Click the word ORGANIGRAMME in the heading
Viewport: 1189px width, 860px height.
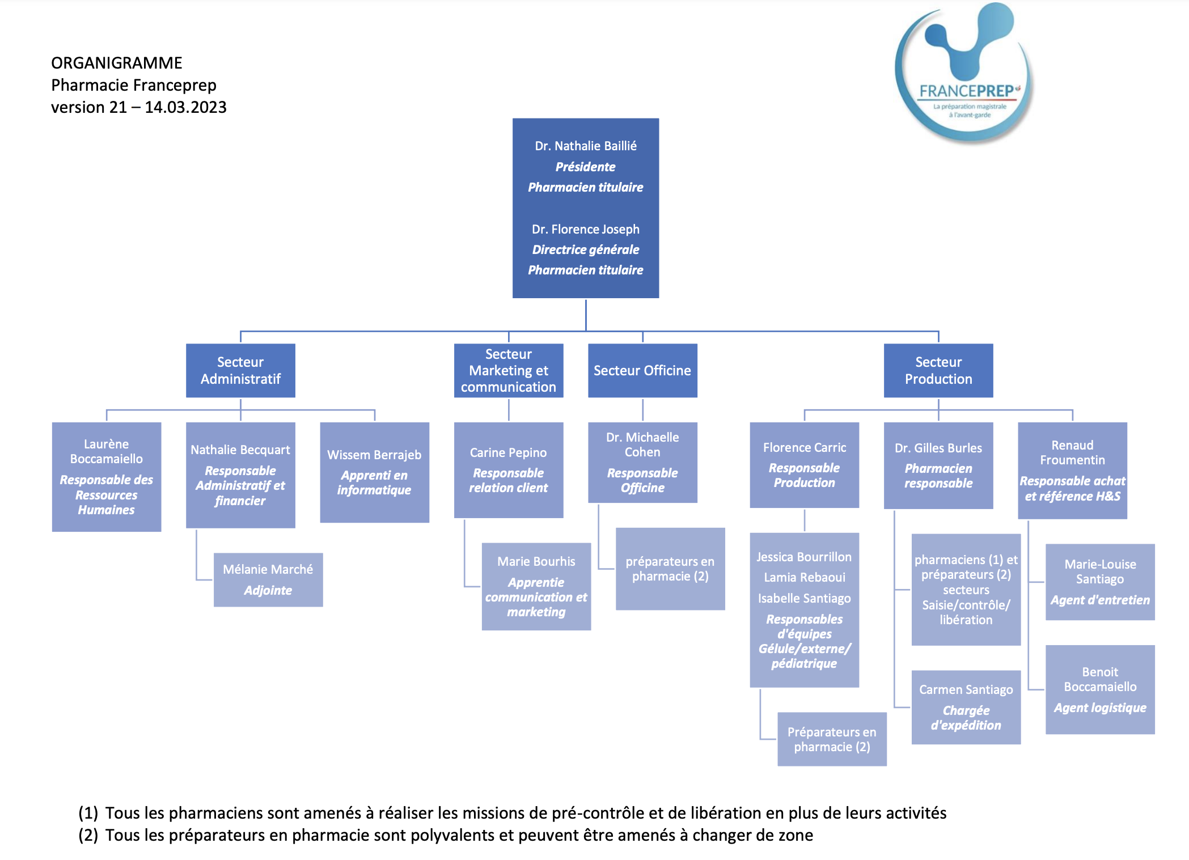pos(116,63)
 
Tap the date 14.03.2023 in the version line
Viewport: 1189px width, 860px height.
pos(185,107)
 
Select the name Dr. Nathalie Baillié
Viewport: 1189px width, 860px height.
pos(585,146)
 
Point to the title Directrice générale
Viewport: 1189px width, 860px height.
pos(585,249)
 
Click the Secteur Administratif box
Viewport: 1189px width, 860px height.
pos(240,370)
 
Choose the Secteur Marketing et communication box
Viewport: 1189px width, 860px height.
pos(508,370)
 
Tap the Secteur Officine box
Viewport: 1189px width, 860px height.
pos(642,370)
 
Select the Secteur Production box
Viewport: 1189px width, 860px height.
pos(938,370)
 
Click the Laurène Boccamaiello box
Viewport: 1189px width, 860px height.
pos(107,476)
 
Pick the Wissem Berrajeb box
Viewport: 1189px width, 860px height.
pos(374,472)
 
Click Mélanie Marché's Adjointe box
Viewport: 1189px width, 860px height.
pos(268,579)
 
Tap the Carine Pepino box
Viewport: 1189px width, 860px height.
pos(508,469)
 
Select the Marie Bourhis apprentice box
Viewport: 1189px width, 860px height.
pos(536,586)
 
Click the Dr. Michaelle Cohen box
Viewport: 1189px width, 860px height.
pos(642,462)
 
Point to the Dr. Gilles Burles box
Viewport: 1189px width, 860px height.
pos(938,465)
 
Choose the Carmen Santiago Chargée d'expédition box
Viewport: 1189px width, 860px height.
pos(966,707)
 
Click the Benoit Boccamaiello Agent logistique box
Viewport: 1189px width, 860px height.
pos(1099,689)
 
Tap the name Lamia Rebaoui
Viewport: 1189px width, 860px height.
pos(804,577)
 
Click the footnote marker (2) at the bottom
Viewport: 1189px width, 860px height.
pos(88,835)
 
